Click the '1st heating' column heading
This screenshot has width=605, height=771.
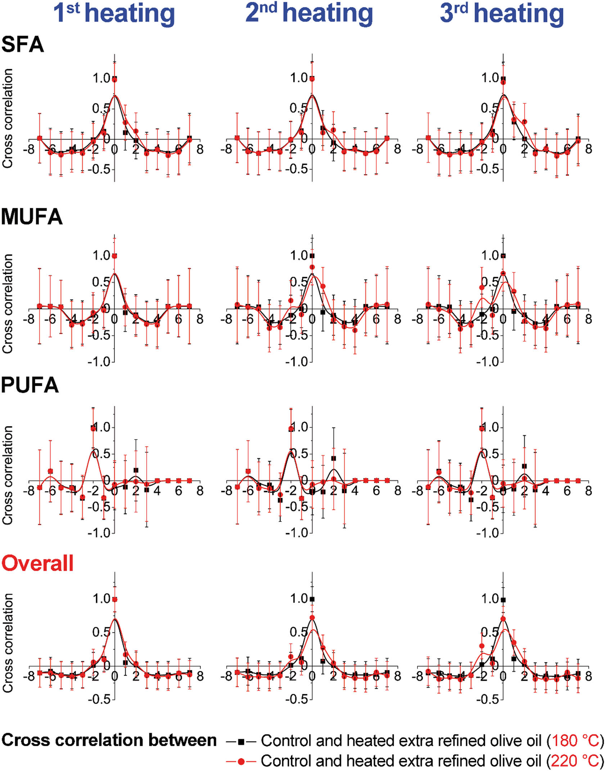coord(114,13)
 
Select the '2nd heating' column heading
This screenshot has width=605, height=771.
coord(309,13)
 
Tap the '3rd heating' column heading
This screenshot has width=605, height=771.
coord(502,13)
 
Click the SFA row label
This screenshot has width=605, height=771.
coord(22,45)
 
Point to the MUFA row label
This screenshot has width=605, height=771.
coord(32,217)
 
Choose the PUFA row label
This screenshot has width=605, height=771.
coord(30,385)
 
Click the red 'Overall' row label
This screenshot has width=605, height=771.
coord(37,563)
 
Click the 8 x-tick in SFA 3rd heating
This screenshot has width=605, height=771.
coord(588,149)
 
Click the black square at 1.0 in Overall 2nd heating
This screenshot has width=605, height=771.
coord(312,599)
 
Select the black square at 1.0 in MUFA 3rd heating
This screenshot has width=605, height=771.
coord(503,256)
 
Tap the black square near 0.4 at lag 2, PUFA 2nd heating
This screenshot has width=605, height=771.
coord(334,458)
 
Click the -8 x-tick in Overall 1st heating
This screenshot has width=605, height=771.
coord(29,676)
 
